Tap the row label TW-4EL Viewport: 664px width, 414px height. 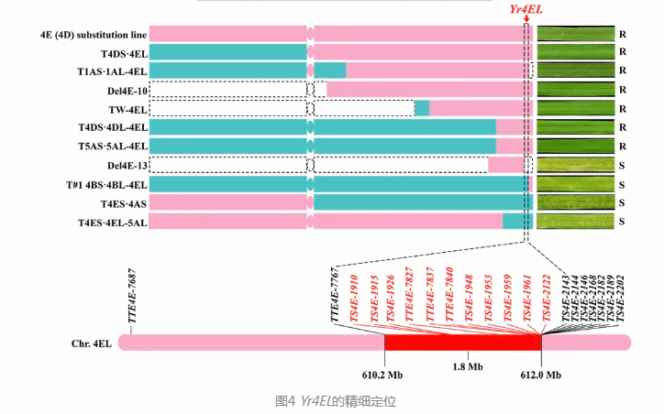click(127, 109)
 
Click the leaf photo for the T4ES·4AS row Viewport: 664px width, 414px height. click(575, 202)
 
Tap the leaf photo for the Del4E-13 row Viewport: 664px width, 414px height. click(575, 165)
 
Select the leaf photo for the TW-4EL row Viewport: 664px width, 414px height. click(575, 109)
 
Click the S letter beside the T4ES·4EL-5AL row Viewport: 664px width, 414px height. click(622, 222)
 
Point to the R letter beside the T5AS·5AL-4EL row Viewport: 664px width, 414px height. click(622, 147)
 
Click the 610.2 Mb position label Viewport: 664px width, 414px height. click(382, 374)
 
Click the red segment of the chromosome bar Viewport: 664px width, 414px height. click(462, 342)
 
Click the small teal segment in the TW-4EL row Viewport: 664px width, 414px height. click(422, 109)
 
